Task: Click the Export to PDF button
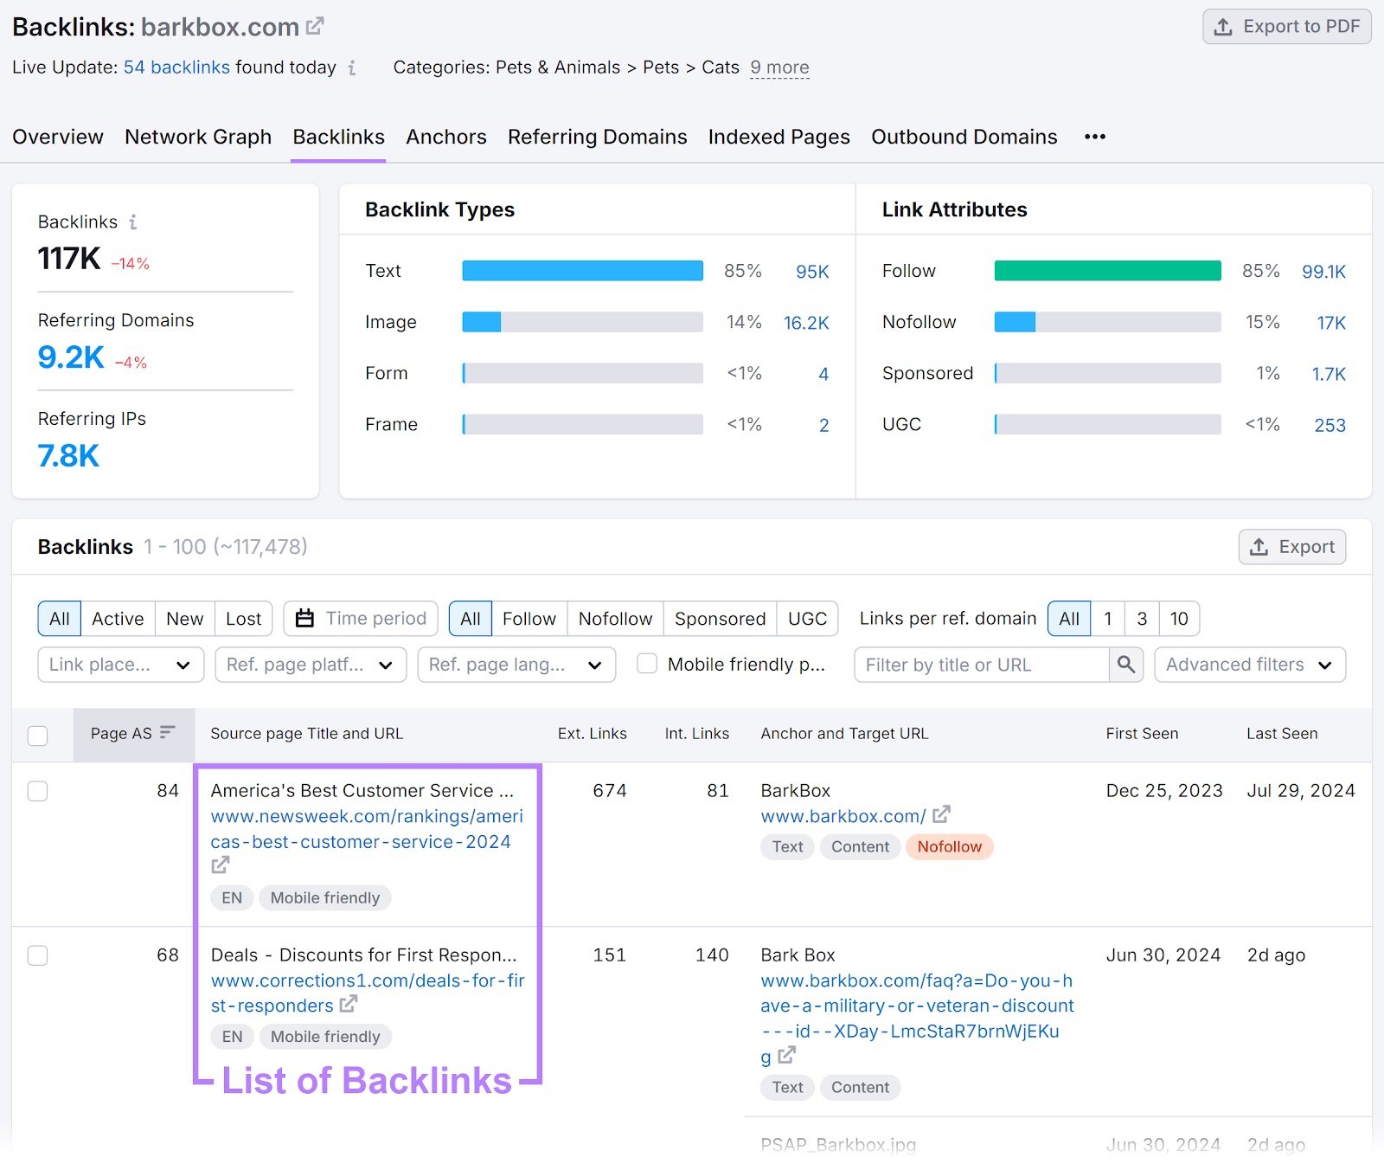[1286, 27]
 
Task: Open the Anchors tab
[445, 137]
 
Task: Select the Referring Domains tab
[597, 137]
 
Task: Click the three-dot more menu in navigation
[1094, 137]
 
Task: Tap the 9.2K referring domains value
[71, 357]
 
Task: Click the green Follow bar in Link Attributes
[1107, 271]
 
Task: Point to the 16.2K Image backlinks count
[805, 323]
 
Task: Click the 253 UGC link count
[1330, 425]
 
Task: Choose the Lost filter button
[243, 619]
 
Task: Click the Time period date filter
[361, 619]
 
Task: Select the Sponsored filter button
[720, 619]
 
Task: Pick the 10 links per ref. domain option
[1178, 619]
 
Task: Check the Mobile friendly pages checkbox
[647, 664]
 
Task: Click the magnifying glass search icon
[1125, 664]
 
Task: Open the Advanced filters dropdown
[1249, 665]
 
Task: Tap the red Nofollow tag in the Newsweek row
[949, 846]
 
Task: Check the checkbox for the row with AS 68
[38, 955]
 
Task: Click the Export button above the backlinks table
[1291, 547]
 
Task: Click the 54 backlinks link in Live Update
[176, 67]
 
